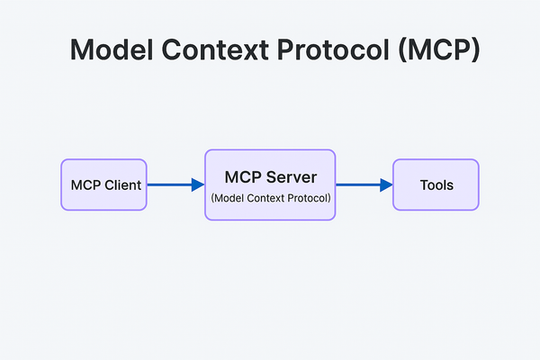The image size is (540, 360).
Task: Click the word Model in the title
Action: [x=112, y=51]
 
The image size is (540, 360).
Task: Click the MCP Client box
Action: [x=103, y=184]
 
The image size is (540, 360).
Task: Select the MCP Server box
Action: [x=270, y=184]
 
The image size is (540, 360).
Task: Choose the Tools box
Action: [x=436, y=184]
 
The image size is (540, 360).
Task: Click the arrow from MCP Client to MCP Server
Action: [x=175, y=184]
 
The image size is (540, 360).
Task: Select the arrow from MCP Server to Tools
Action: [x=364, y=184]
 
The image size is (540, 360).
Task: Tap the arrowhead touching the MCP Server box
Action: [x=198, y=184]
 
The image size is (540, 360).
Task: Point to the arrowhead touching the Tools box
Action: [x=386, y=184]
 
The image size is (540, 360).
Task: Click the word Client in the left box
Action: [x=121, y=185]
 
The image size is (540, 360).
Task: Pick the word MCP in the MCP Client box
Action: [x=85, y=185]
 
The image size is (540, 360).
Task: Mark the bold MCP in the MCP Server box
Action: [x=244, y=177]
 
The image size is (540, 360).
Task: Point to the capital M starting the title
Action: [x=84, y=51]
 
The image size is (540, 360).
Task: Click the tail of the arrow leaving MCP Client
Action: [x=149, y=184]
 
